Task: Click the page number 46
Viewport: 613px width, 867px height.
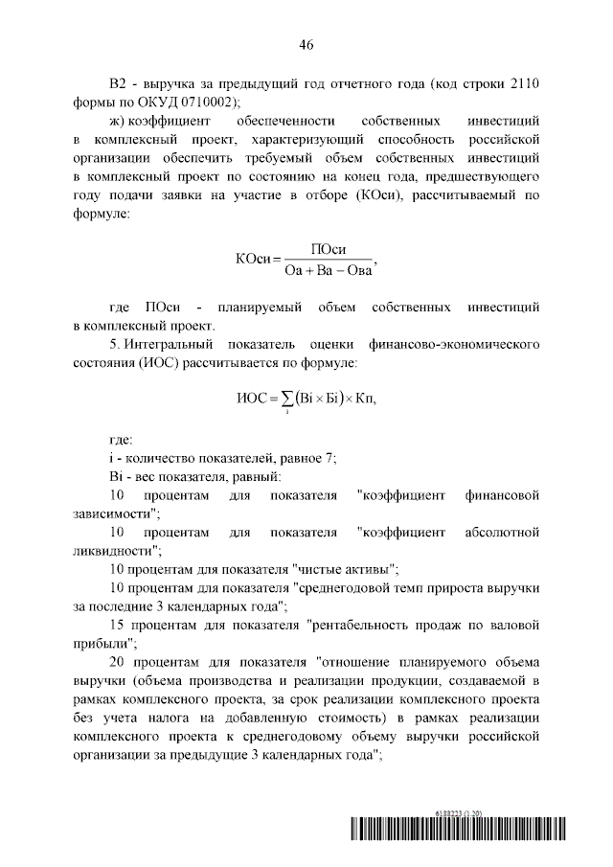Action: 306,44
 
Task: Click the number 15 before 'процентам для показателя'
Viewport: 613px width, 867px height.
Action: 118,626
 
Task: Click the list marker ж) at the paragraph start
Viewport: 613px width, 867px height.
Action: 119,122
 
